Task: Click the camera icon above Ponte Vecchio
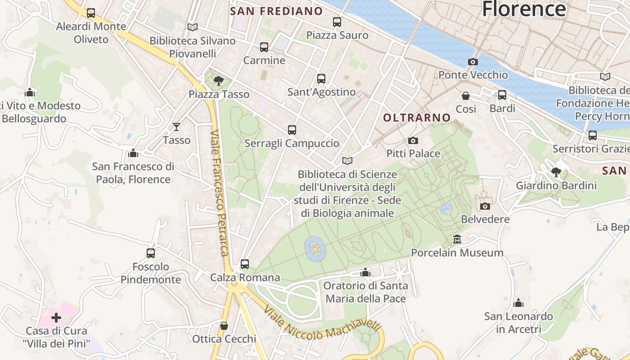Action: pyautogui.click(x=472, y=62)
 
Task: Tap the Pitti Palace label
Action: pyautogui.click(x=413, y=153)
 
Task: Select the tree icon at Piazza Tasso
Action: pyautogui.click(x=219, y=81)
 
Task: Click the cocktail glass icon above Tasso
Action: pyautogui.click(x=176, y=127)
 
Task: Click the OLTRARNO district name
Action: pyautogui.click(x=417, y=117)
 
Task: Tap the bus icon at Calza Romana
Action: pyautogui.click(x=245, y=264)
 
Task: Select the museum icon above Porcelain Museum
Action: pyautogui.click(x=457, y=239)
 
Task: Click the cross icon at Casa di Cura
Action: pyautogui.click(x=56, y=318)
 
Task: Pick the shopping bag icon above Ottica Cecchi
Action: pyautogui.click(x=224, y=326)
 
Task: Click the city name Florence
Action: pyautogui.click(x=524, y=9)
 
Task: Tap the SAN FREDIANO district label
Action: pyautogui.click(x=276, y=11)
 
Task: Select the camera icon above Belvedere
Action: pyautogui.click(x=485, y=206)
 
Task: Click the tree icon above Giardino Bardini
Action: pyautogui.click(x=556, y=172)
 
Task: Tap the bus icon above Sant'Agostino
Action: pyautogui.click(x=321, y=79)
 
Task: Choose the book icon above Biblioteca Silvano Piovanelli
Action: pyautogui.click(x=193, y=27)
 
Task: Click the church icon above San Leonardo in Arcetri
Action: pyautogui.click(x=518, y=303)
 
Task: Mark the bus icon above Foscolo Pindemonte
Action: pyautogui.click(x=151, y=253)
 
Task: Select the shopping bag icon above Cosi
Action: pyautogui.click(x=466, y=96)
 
